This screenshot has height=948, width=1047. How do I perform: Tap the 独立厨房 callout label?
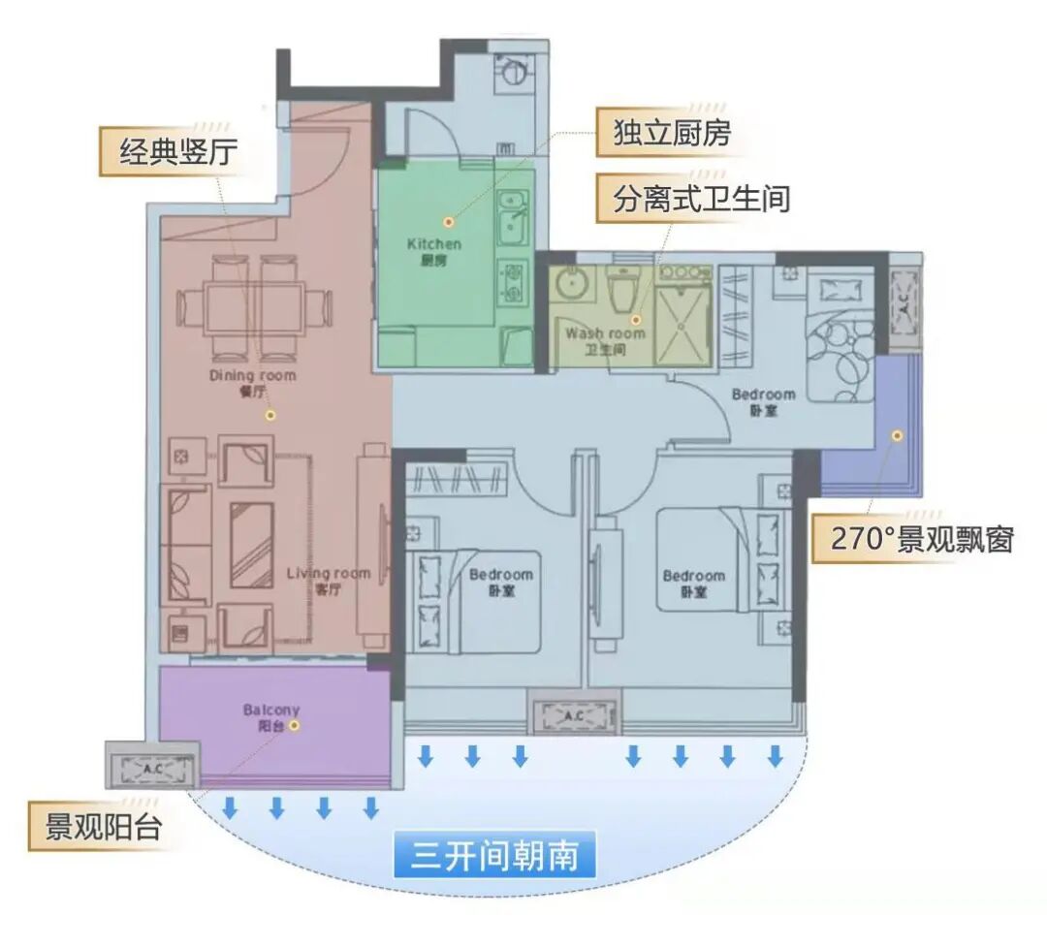672,134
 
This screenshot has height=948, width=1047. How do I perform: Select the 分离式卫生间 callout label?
700,199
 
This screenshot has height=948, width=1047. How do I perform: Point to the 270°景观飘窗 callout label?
921,539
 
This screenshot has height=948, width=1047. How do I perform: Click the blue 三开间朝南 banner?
494,857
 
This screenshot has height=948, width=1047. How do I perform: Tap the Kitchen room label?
434,244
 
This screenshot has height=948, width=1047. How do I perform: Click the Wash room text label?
606,332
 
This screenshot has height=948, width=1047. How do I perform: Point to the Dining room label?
253,375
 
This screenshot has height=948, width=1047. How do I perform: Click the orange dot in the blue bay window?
899,436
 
